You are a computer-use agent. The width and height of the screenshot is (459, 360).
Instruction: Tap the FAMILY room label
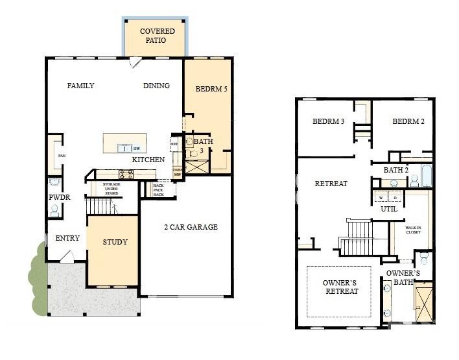click(x=80, y=86)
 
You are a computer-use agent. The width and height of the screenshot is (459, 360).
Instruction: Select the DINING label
click(x=156, y=86)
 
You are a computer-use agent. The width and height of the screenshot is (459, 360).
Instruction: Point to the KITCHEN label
click(x=148, y=160)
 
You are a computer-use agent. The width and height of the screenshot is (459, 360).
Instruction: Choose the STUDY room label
click(x=115, y=242)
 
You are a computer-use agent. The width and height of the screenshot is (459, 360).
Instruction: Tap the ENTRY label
click(x=67, y=238)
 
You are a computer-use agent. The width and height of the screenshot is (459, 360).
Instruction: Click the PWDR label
click(x=58, y=197)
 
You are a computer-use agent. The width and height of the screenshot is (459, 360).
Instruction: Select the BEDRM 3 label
click(x=328, y=121)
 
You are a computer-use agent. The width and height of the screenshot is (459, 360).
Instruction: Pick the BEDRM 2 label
click(x=408, y=121)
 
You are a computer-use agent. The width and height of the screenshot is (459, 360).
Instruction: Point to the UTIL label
click(x=389, y=210)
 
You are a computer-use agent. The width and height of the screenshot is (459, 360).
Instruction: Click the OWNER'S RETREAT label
click(x=341, y=287)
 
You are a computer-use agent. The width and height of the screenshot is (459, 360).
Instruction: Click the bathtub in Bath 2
click(x=426, y=176)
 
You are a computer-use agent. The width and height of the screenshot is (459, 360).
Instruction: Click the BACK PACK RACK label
click(x=158, y=189)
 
